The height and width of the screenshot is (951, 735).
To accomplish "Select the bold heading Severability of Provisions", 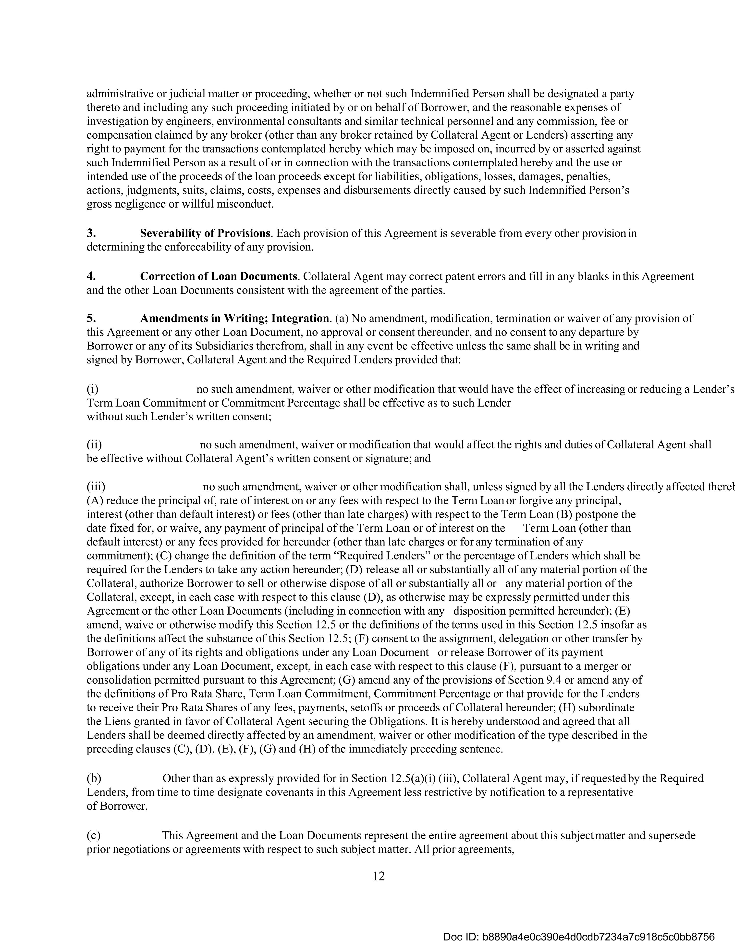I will [205, 233].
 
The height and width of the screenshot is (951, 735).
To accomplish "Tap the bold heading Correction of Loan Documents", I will [218, 276].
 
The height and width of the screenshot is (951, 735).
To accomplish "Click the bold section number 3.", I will [91, 233].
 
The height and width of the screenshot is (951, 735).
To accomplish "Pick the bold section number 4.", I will [91, 276].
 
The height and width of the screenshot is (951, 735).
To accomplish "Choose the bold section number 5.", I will [91, 318].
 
